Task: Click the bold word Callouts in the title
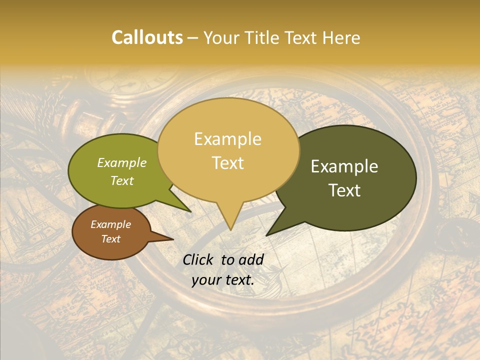(x=147, y=37)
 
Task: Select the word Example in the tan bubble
(x=227, y=139)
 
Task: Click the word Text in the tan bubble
(x=228, y=163)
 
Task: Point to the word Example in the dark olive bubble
(x=344, y=166)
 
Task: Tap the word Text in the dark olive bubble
(x=345, y=190)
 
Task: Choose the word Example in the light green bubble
(x=122, y=162)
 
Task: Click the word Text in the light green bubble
(x=122, y=180)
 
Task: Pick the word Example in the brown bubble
(x=110, y=224)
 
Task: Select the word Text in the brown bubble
(x=110, y=239)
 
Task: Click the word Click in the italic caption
(x=199, y=259)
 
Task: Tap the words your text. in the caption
(x=223, y=280)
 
